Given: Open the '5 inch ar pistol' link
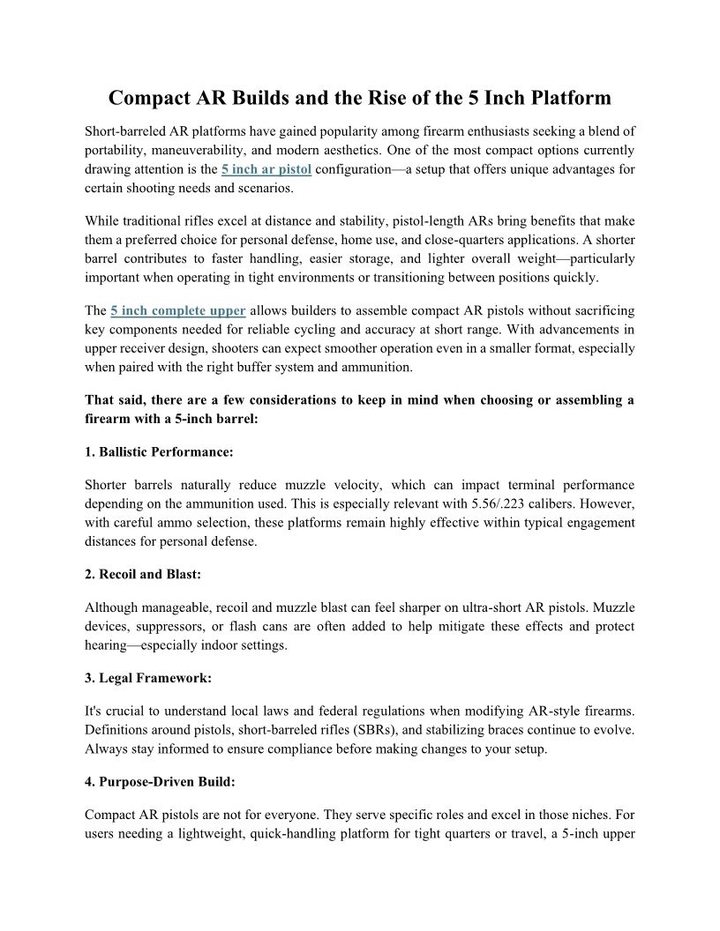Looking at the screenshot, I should [x=266, y=168].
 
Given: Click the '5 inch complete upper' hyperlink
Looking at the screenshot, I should [x=178, y=311].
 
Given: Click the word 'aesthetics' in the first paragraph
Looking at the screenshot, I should [x=355, y=149].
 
